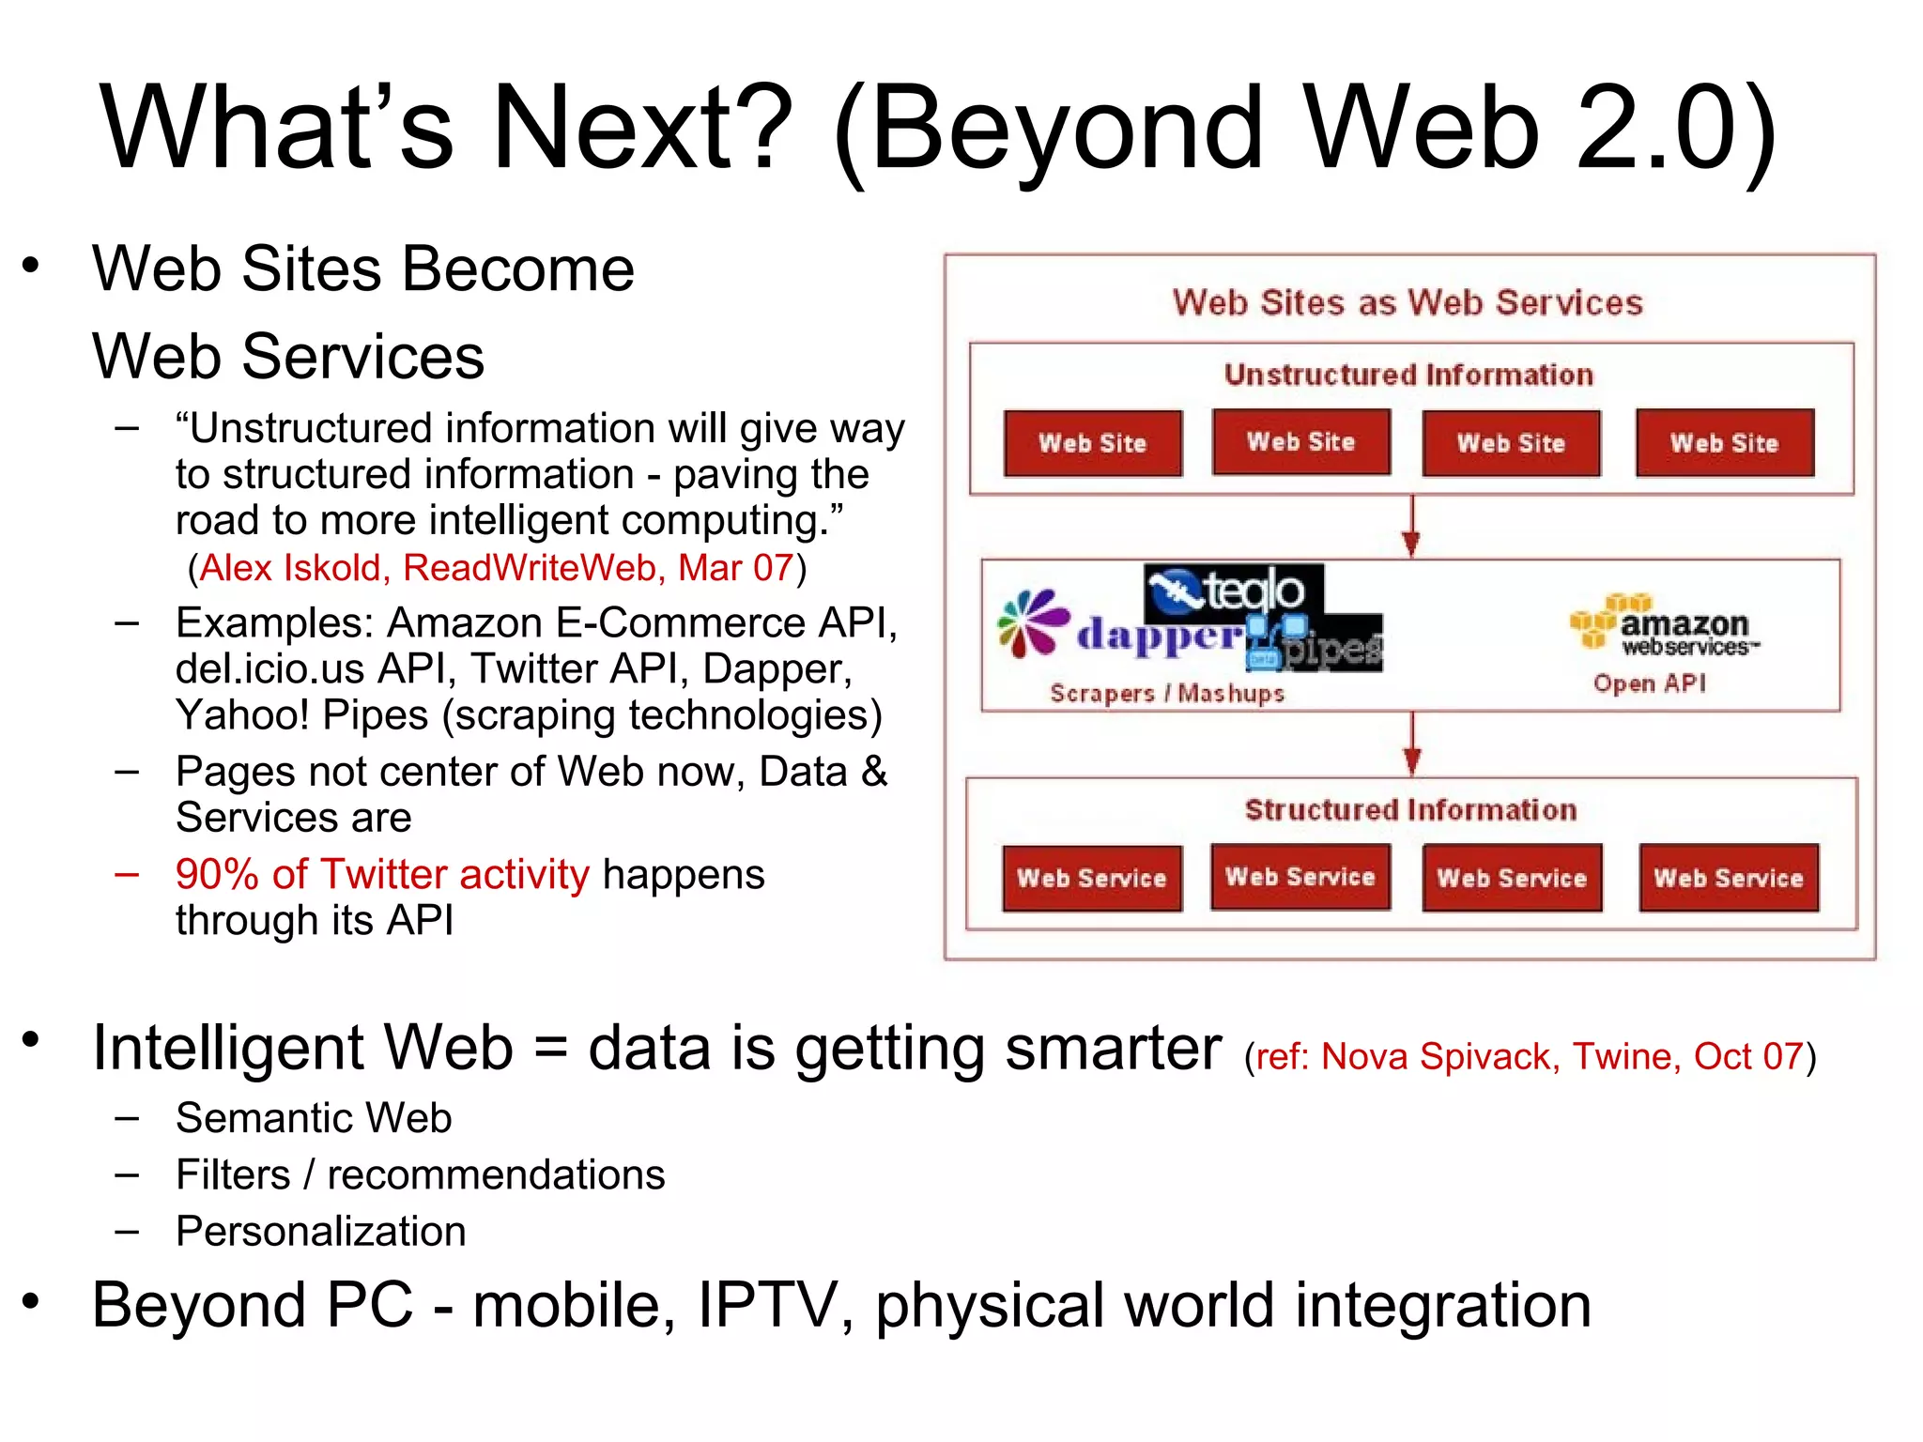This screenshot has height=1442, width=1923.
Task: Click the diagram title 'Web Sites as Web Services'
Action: [x=1408, y=302]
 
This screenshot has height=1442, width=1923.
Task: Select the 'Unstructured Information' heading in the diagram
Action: [x=1408, y=375]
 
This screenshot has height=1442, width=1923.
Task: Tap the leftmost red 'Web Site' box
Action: [x=1093, y=443]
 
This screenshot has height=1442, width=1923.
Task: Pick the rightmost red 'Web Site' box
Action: [x=1725, y=443]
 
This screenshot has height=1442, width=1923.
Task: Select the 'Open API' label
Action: [x=1650, y=683]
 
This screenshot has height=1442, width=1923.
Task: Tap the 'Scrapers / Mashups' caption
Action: [x=1167, y=694]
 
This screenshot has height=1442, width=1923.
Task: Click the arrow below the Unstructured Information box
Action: [x=1411, y=528]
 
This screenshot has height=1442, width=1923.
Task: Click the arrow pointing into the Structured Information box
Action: [x=1412, y=744]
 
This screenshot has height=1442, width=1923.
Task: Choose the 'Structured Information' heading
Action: [x=1410, y=810]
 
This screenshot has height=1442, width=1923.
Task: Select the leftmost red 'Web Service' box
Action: [x=1092, y=879]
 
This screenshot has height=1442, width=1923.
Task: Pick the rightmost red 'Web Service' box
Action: [x=1729, y=879]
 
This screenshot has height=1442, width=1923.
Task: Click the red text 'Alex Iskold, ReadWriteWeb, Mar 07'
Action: [x=497, y=568]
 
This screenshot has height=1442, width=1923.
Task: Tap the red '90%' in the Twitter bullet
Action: [x=217, y=874]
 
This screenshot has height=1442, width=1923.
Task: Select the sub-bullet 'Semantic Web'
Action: [x=314, y=1118]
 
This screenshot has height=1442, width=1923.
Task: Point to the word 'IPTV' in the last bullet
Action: [x=767, y=1306]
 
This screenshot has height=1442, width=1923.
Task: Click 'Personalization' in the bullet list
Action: [x=321, y=1231]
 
